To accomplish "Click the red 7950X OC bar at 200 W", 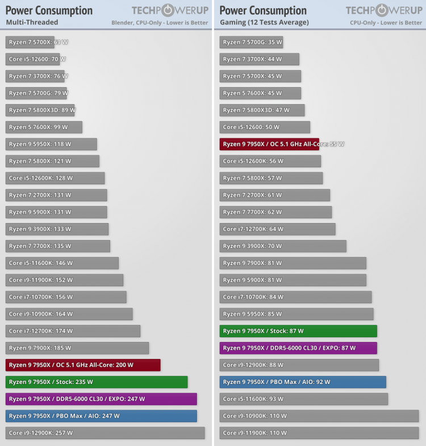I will pyautogui.click(x=83, y=365).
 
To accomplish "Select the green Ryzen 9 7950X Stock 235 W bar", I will pyautogui.click(x=97, y=382).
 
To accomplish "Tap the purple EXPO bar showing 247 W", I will pyautogui.click(x=101, y=399).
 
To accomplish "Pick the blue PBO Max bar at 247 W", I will pyautogui.click(x=101, y=416).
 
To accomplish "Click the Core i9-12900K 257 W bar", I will pyautogui.click(x=105, y=433).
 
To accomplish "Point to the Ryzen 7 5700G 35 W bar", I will pyautogui.click(x=251, y=42).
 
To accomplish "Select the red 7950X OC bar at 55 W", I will pyautogui.click(x=269, y=144).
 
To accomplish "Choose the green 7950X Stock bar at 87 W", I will pyautogui.click(x=298, y=331).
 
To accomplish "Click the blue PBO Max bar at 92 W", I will pyautogui.click(x=303, y=382).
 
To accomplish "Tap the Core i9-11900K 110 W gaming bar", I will pyautogui.click(x=319, y=433).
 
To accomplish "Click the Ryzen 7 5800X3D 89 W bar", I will pyautogui.click(x=40, y=110).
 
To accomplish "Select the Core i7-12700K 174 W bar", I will pyautogui.click(x=73, y=331).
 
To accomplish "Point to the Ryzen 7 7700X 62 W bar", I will pyautogui.click(x=275, y=212).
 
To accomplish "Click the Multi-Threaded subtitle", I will pyautogui.click(x=32, y=23).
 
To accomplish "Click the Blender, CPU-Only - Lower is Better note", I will pyautogui.click(x=160, y=23).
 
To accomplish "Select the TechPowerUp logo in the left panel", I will pyautogui.click(x=170, y=10).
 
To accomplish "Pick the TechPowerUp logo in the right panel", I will pyautogui.click(x=384, y=10).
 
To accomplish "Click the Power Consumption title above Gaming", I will pyautogui.click(x=263, y=10).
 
